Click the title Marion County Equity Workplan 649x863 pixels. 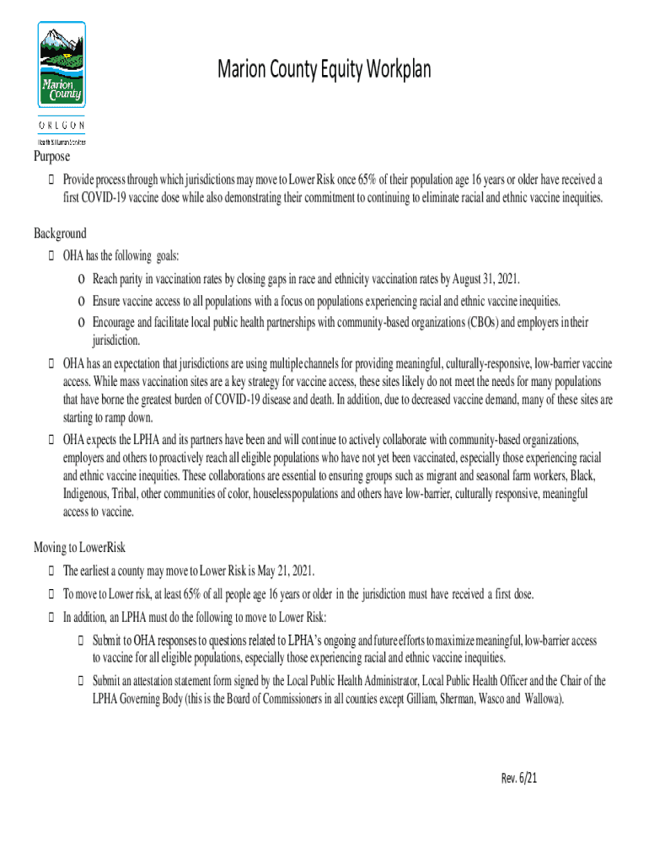tap(324, 70)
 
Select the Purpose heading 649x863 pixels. tap(51, 158)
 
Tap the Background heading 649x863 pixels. tap(60, 233)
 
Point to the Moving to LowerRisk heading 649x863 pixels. tap(79, 547)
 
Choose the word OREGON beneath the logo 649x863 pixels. tap(62, 126)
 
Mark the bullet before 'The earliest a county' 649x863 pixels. tap(53, 571)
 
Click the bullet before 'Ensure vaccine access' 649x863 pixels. tap(81, 302)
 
